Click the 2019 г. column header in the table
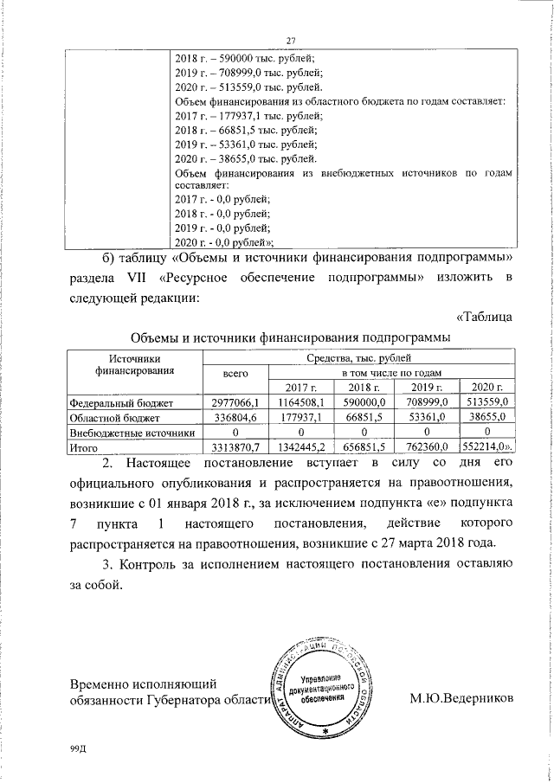click(x=427, y=386)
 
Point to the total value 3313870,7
click(x=229, y=448)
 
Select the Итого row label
click(x=84, y=448)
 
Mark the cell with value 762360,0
click(x=427, y=448)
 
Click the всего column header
click(x=229, y=372)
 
